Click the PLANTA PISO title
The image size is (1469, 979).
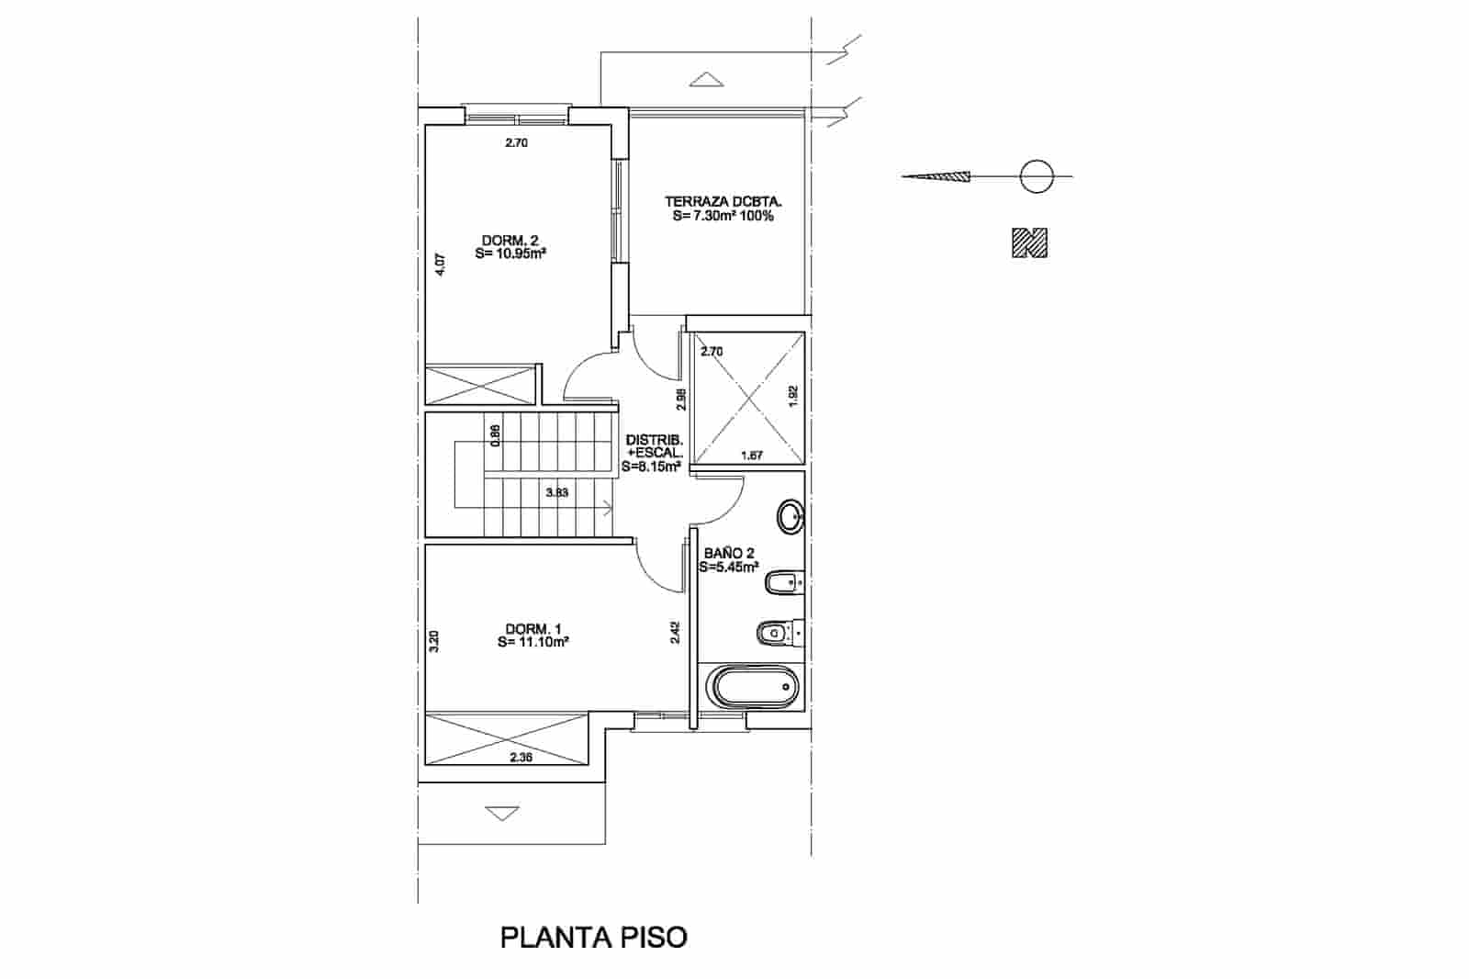coord(593,938)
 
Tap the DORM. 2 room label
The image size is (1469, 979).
coord(510,248)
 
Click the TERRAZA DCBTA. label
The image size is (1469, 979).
coord(723,208)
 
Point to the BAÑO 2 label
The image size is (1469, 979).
coord(729,560)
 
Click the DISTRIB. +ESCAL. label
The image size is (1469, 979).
coord(653,453)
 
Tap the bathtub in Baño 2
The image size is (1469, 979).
coord(752,688)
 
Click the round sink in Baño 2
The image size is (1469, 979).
coord(790,516)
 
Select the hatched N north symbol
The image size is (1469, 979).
coord(1029,242)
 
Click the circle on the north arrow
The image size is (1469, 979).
coord(1036,175)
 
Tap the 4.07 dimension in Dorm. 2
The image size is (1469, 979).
coord(440,264)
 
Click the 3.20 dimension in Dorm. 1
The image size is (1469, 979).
coord(434,640)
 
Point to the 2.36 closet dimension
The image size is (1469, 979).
coord(521,758)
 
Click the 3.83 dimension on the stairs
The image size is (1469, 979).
coord(556,492)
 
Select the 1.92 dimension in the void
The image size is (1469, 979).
coord(794,396)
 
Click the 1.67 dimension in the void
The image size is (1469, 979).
coord(751,456)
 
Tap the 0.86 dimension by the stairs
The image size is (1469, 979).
coord(496,434)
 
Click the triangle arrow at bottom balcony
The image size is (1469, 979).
coord(500,813)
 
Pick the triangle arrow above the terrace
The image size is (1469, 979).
coord(706,79)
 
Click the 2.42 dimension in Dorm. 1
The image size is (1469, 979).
coord(674,632)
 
